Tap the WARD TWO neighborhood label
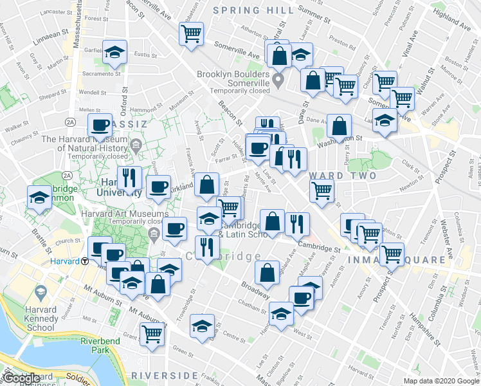pyautogui.click(x=332, y=175)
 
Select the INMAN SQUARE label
pyautogui.click(x=397, y=260)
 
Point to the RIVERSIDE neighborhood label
pyautogui.click(x=164, y=374)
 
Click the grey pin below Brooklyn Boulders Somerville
pyautogui.click(x=278, y=81)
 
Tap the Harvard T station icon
pyautogui.click(x=85, y=261)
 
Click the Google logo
pyautogui.click(x=21, y=379)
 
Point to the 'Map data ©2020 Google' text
pyautogui.click(x=441, y=381)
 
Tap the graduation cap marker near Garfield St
pyautogui.click(x=114, y=52)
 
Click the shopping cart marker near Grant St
pyautogui.click(x=152, y=333)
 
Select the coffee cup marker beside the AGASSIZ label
pyautogui.click(x=100, y=125)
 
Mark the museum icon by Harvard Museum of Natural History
pyautogui.click(x=136, y=146)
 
